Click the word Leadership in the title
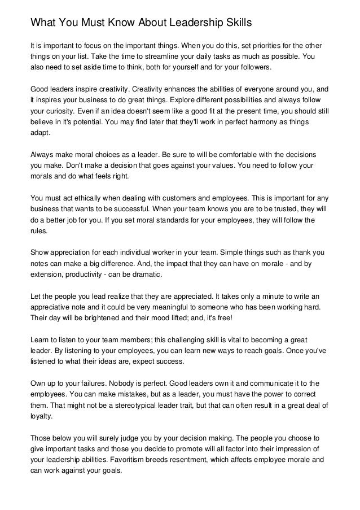point(182,23)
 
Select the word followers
point(252,67)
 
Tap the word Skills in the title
point(229,23)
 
